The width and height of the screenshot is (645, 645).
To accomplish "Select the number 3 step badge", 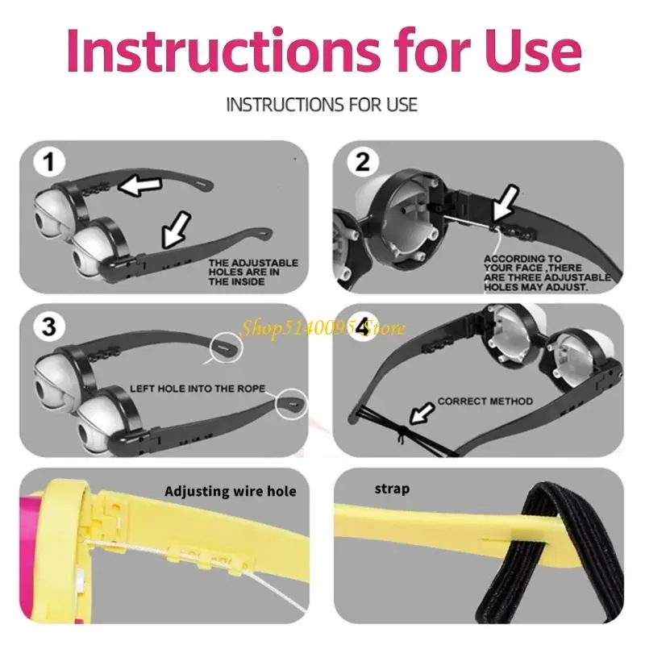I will point(50,327).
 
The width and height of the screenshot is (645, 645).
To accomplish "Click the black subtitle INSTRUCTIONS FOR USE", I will point(322,105).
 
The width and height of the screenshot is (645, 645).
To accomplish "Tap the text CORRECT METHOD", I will point(485,401).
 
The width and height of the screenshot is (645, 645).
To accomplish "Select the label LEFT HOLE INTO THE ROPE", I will point(198,389).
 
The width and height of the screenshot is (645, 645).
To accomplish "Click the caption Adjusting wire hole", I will point(231,491).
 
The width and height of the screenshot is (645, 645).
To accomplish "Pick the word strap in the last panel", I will point(391,489).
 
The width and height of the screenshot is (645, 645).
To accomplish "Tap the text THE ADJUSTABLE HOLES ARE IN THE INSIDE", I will point(253,273).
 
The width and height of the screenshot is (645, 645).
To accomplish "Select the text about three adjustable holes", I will point(547,273).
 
